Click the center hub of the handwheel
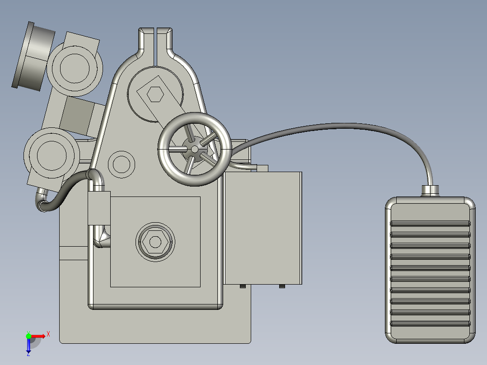pyautogui.click(x=194, y=149)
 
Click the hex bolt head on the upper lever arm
pyautogui.click(x=155, y=94)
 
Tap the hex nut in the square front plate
pyautogui.click(x=155, y=242)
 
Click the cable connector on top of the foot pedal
pyautogui.click(x=430, y=191)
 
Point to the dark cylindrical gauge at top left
pyautogui.click(x=34, y=56)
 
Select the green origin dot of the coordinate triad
pyautogui.click(x=28, y=336)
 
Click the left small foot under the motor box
pyautogui.click(x=242, y=286)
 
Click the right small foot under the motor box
pyautogui.click(x=282, y=286)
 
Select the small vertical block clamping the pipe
pyautogui.click(x=99, y=208)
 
